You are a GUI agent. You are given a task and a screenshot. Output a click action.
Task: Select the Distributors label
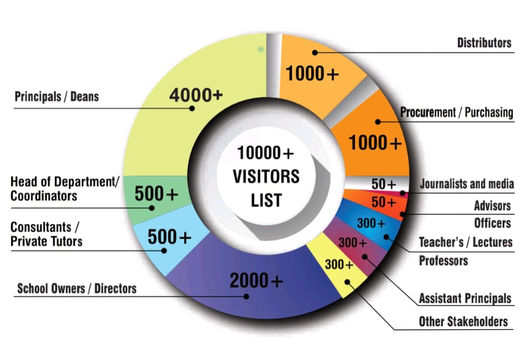(x=484, y=43)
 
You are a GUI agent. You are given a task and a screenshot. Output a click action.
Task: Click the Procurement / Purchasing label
(x=456, y=112)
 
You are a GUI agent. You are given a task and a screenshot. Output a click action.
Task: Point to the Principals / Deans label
(x=57, y=96)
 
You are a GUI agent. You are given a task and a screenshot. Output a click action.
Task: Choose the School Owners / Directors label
(x=77, y=288)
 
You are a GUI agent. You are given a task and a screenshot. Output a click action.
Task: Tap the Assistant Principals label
(x=465, y=299)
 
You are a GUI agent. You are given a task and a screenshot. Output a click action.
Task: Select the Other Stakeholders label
(x=463, y=322)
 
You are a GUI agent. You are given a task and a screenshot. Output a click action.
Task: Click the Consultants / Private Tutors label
(x=47, y=234)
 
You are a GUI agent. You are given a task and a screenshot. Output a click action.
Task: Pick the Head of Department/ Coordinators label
(x=64, y=189)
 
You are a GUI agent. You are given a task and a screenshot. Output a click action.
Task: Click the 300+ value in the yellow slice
(x=339, y=264)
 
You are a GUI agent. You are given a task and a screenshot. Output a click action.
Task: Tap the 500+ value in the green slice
(x=156, y=194)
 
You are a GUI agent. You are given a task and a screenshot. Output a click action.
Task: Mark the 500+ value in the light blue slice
(x=169, y=237)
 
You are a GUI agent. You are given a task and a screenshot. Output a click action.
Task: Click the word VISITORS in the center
(x=266, y=176)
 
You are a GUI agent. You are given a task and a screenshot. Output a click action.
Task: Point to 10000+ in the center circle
(x=266, y=153)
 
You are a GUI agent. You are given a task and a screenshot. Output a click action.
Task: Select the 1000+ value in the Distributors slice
(x=311, y=75)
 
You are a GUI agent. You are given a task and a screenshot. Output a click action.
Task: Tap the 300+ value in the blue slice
(x=371, y=223)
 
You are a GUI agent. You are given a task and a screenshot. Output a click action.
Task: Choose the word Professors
(x=444, y=260)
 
